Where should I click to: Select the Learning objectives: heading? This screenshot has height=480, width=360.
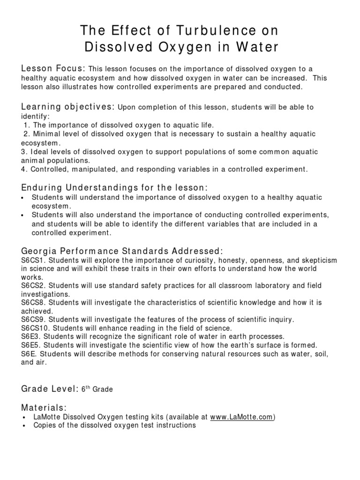coord(68,107)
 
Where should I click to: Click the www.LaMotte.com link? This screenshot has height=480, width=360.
coord(241,417)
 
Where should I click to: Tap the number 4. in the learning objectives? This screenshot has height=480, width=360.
coord(24,169)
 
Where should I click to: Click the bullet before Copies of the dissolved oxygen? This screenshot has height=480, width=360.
coord(24,426)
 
